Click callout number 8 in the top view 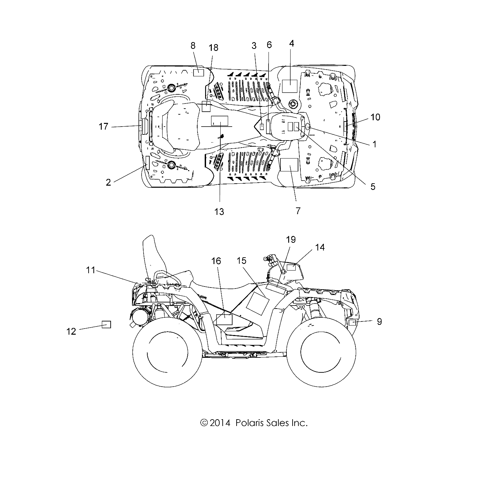pos(193,45)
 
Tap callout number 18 pos(214,48)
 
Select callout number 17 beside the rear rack pos(103,127)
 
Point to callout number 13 pos(219,211)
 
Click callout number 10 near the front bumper pos(375,117)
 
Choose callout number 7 pos(298,210)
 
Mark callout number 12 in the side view pos(71,331)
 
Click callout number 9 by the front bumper pos(379,321)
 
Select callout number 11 pos(90,270)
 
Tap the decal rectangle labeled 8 pos(198,72)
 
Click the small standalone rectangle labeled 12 pos(107,324)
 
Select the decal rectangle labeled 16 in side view pos(224,319)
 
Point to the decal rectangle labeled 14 pos(292,267)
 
